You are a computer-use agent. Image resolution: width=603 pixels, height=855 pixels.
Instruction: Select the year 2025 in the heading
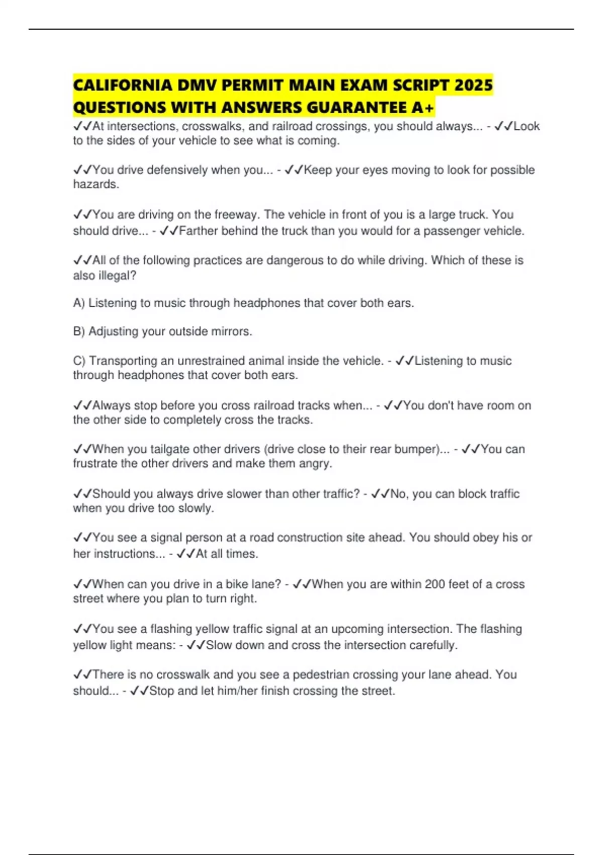click(x=473, y=85)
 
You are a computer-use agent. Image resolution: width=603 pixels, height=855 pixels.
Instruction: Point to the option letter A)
click(x=79, y=303)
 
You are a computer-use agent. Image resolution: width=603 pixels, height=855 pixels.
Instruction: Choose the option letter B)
click(x=79, y=331)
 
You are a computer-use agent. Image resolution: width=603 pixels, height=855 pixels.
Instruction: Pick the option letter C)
click(x=79, y=361)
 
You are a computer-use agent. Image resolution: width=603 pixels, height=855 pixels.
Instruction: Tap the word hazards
click(x=96, y=185)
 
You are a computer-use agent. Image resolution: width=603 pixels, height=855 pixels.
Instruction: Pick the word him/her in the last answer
click(x=237, y=691)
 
